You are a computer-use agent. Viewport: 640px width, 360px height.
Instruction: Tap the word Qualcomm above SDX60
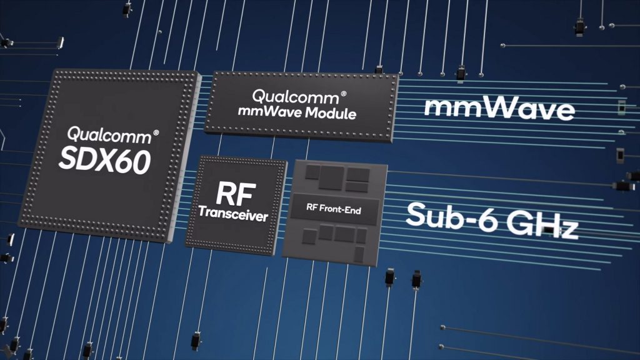pos(109,135)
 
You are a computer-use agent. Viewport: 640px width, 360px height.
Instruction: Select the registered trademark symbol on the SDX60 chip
pos(156,132)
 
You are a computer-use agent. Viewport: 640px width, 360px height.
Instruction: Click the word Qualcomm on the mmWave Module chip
pos(296,97)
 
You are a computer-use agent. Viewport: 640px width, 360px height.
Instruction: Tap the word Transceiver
pos(233,213)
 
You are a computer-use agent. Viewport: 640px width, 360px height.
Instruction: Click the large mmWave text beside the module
pos(499,107)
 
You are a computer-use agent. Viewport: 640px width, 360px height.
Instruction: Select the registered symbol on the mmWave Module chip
pos(343,94)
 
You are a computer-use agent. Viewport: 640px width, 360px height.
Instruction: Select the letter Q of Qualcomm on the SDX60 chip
pos(74,134)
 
